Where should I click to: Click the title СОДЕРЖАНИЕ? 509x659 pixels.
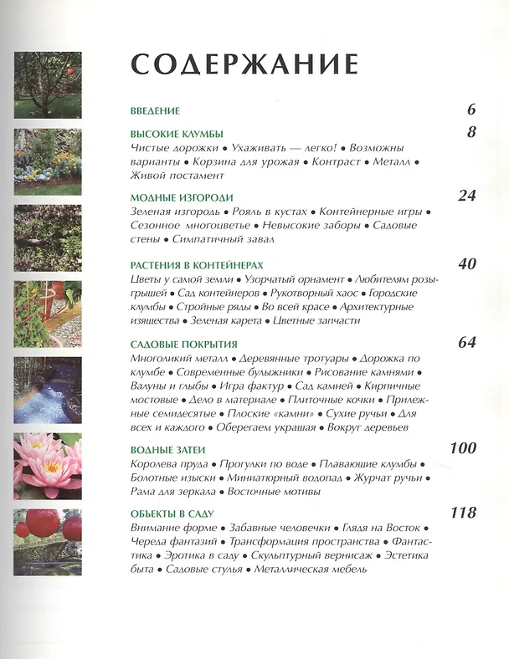coord(244,65)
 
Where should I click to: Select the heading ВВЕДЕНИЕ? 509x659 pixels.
coord(156,110)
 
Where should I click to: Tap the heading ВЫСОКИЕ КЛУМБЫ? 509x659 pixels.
coord(177,133)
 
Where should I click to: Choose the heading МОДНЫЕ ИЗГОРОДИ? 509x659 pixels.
coord(182,197)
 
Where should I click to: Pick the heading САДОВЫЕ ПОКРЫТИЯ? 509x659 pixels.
coord(184,344)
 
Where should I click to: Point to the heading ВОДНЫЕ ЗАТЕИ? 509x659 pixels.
coord(167,449)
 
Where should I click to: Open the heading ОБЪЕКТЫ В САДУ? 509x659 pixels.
coord(173,513)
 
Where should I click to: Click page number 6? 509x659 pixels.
coord(470,110)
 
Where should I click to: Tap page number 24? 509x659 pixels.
coord(466,196)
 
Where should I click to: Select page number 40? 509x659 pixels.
coord(466,263)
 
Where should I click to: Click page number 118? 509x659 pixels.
coord(462,512)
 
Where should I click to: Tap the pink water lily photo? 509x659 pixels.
coord(48,465)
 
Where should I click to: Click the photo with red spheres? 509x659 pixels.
coord(48,543)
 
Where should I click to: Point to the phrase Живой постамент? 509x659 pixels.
coord(177,176)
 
